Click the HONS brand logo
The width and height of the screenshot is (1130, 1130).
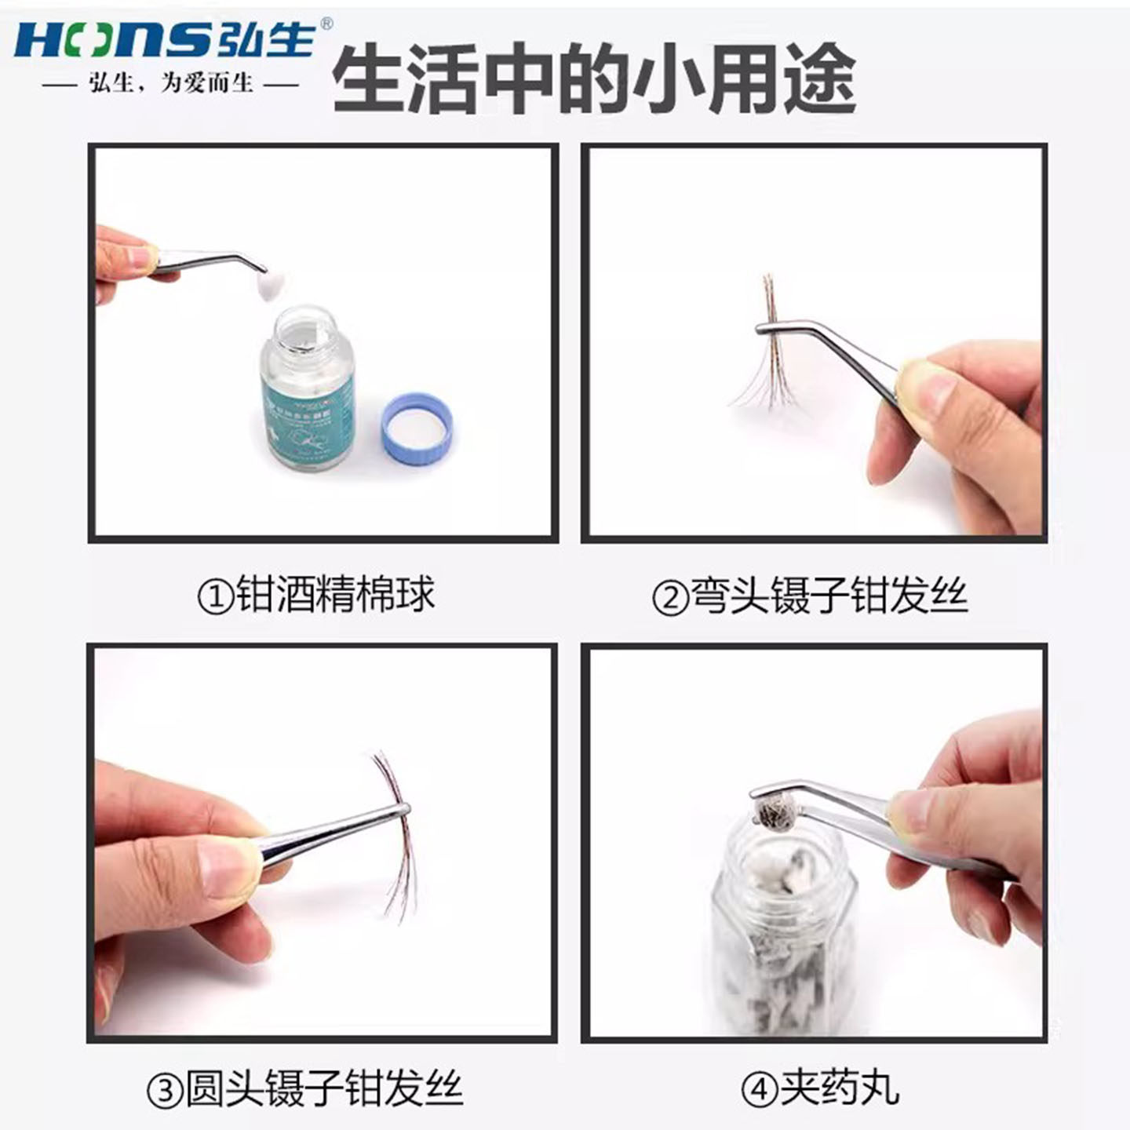click(165, 38)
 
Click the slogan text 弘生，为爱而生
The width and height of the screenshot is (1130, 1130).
click(171, 83)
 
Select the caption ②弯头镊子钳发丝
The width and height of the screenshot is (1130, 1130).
click(809, 596)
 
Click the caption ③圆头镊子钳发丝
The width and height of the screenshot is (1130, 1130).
click(304, 1089)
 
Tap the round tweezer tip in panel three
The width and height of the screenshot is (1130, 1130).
click(402, 808)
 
